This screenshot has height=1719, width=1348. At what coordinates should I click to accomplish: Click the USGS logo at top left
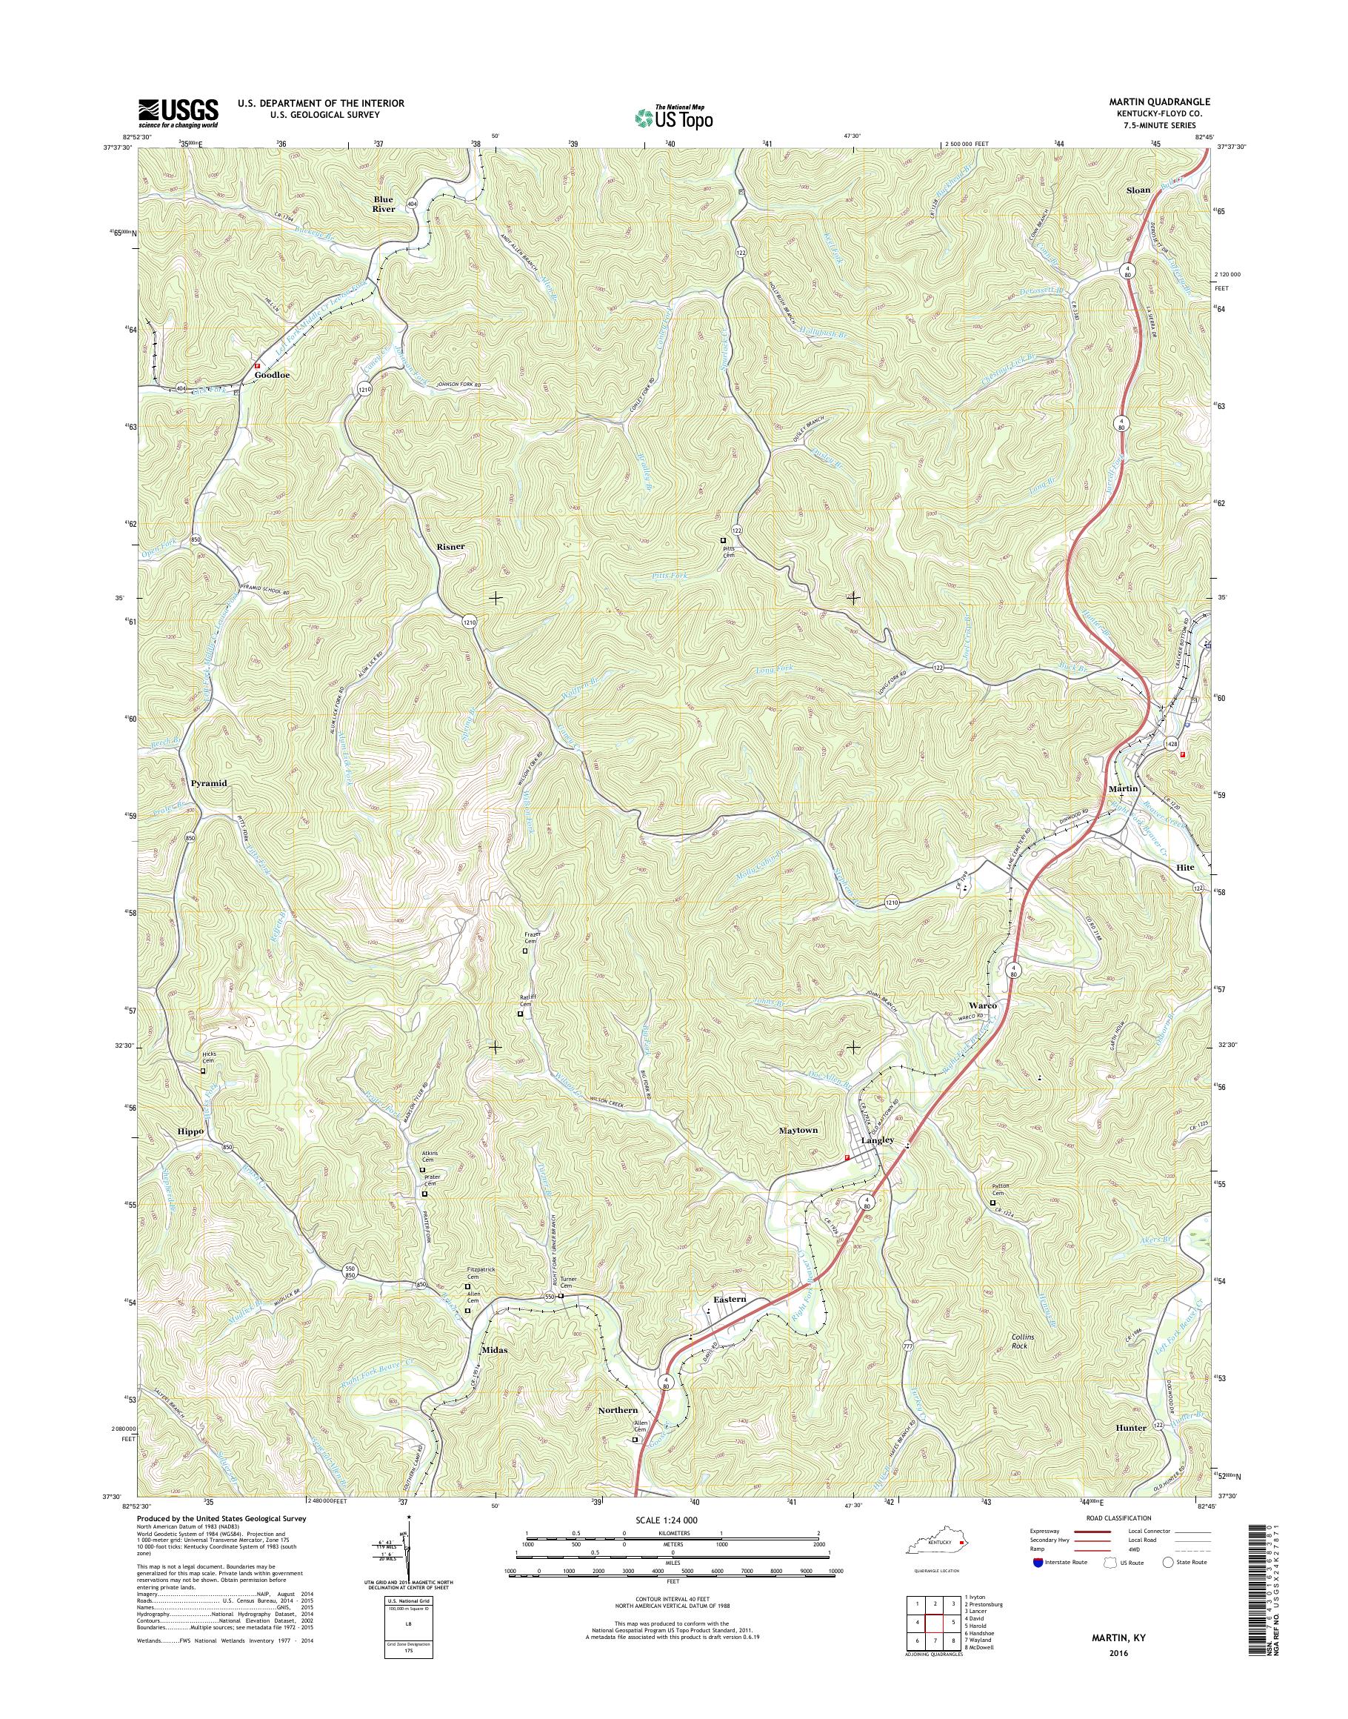[178, 113]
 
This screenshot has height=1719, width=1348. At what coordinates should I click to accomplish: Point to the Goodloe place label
[272, 375]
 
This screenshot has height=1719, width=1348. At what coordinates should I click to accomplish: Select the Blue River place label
[384, 205]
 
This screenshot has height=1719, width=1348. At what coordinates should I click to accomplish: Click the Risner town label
[450, 545]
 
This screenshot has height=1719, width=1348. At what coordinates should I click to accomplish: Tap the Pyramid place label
[208, 783]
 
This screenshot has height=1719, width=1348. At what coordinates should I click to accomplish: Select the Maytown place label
[798, 1131]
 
